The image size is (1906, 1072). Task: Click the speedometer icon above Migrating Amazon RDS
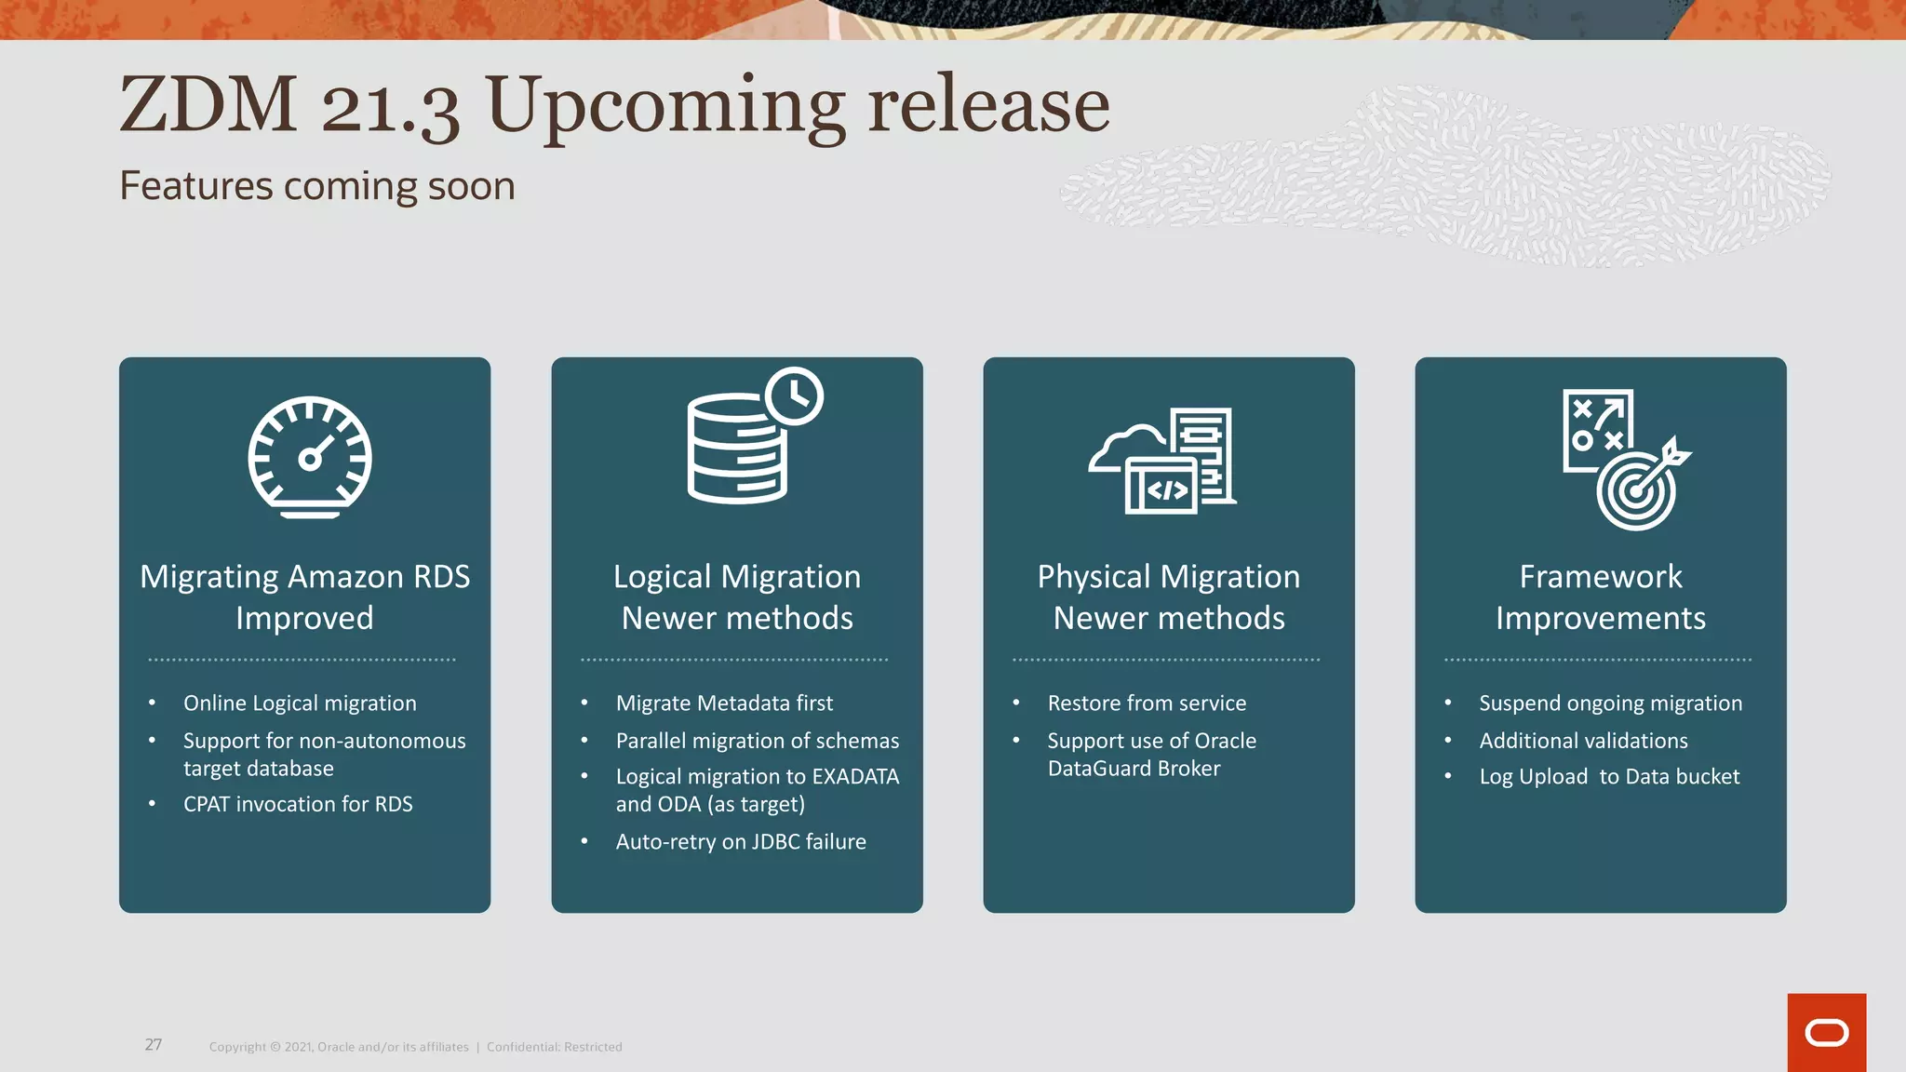coord(309,457)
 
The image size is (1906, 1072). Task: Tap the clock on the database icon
coord(794,396)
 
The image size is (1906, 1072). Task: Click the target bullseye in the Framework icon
coord(1636,493)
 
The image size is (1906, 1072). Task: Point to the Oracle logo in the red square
coord(1826,1033)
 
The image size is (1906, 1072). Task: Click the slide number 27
coord(154,1045)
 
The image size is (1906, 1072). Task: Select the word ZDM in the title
coord(208,104)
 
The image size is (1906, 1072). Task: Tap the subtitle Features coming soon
coord(317,186)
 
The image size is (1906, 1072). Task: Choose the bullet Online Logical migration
coord(300,703)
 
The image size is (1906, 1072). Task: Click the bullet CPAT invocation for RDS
coord(298,804)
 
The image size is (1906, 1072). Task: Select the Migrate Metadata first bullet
coord(724,703)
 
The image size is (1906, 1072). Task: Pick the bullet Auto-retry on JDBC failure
coord(741,841)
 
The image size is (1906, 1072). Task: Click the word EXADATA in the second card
coord(855,776)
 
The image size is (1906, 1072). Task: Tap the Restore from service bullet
coord(1147,703)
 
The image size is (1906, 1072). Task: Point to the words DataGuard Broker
coord(1134,769)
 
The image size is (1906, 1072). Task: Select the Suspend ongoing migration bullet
coord(1610,703)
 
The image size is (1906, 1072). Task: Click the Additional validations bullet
coord(1583,741)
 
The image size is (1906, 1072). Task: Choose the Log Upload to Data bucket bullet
coord(1609,777)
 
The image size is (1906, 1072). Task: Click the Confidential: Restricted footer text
coord(555,1047)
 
